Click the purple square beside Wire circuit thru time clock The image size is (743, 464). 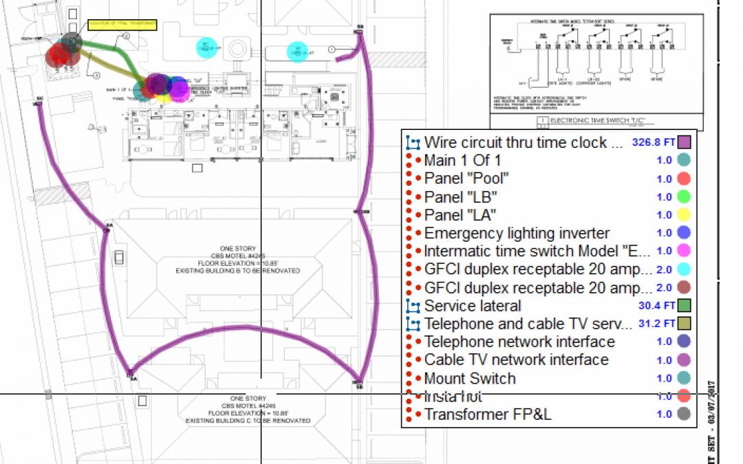coord(684,143)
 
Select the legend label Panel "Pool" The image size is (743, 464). coord(466,179)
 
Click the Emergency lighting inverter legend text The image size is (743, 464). coord(517,233)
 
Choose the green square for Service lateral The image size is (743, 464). coord(684,306)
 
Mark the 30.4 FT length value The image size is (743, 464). coord(655,306)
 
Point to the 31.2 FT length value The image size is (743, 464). coord(655,324)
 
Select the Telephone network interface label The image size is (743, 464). coord(519,342)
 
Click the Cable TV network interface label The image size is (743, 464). coord(516,360)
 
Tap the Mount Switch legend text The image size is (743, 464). coord(470,378)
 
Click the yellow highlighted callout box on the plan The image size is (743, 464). coord(122,26)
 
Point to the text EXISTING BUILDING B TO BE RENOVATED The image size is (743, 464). coord(238,271)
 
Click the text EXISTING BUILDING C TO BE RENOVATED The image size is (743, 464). coord(248,420)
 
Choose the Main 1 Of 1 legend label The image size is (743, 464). coord(462,161)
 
